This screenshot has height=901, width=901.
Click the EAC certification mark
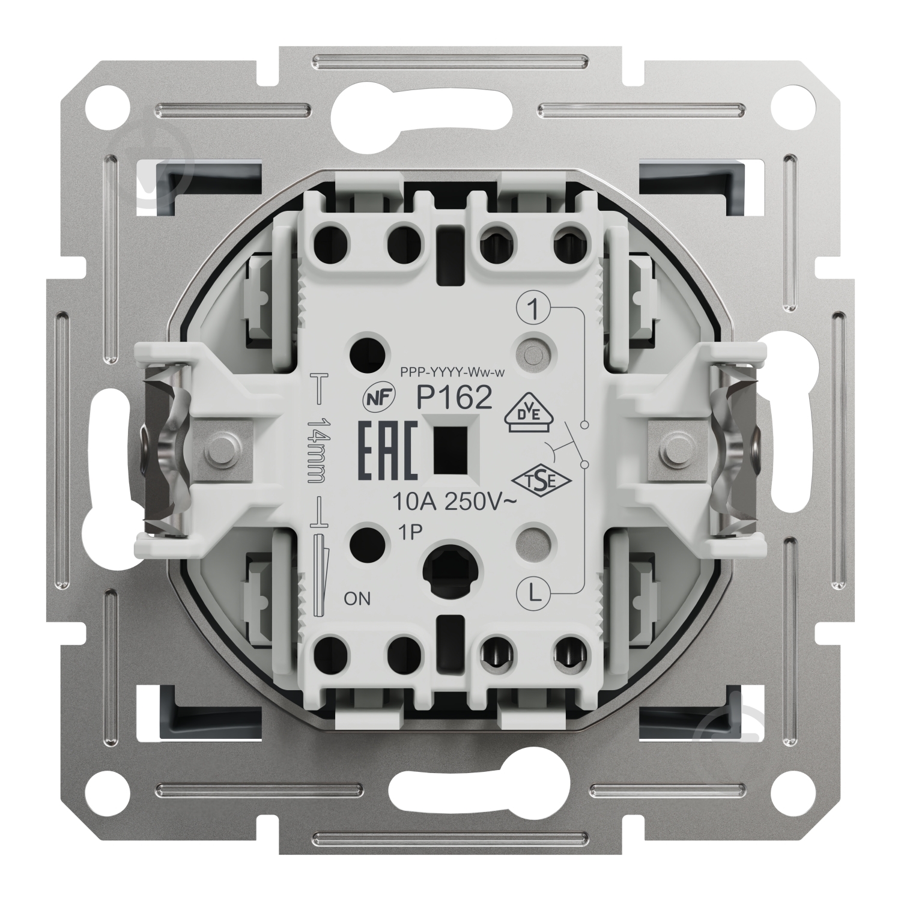click(x=388, y=450)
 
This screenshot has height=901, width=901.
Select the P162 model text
click(x=455, y=398)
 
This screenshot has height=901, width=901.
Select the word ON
click(x=357, y=598)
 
